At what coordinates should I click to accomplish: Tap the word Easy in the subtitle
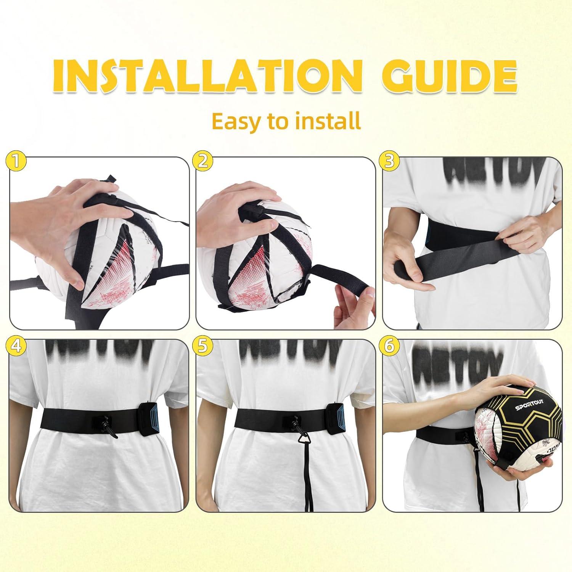235,121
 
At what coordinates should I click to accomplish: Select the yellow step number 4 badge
16,346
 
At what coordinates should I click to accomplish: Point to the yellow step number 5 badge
202,346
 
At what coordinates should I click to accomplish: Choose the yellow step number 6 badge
389,346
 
